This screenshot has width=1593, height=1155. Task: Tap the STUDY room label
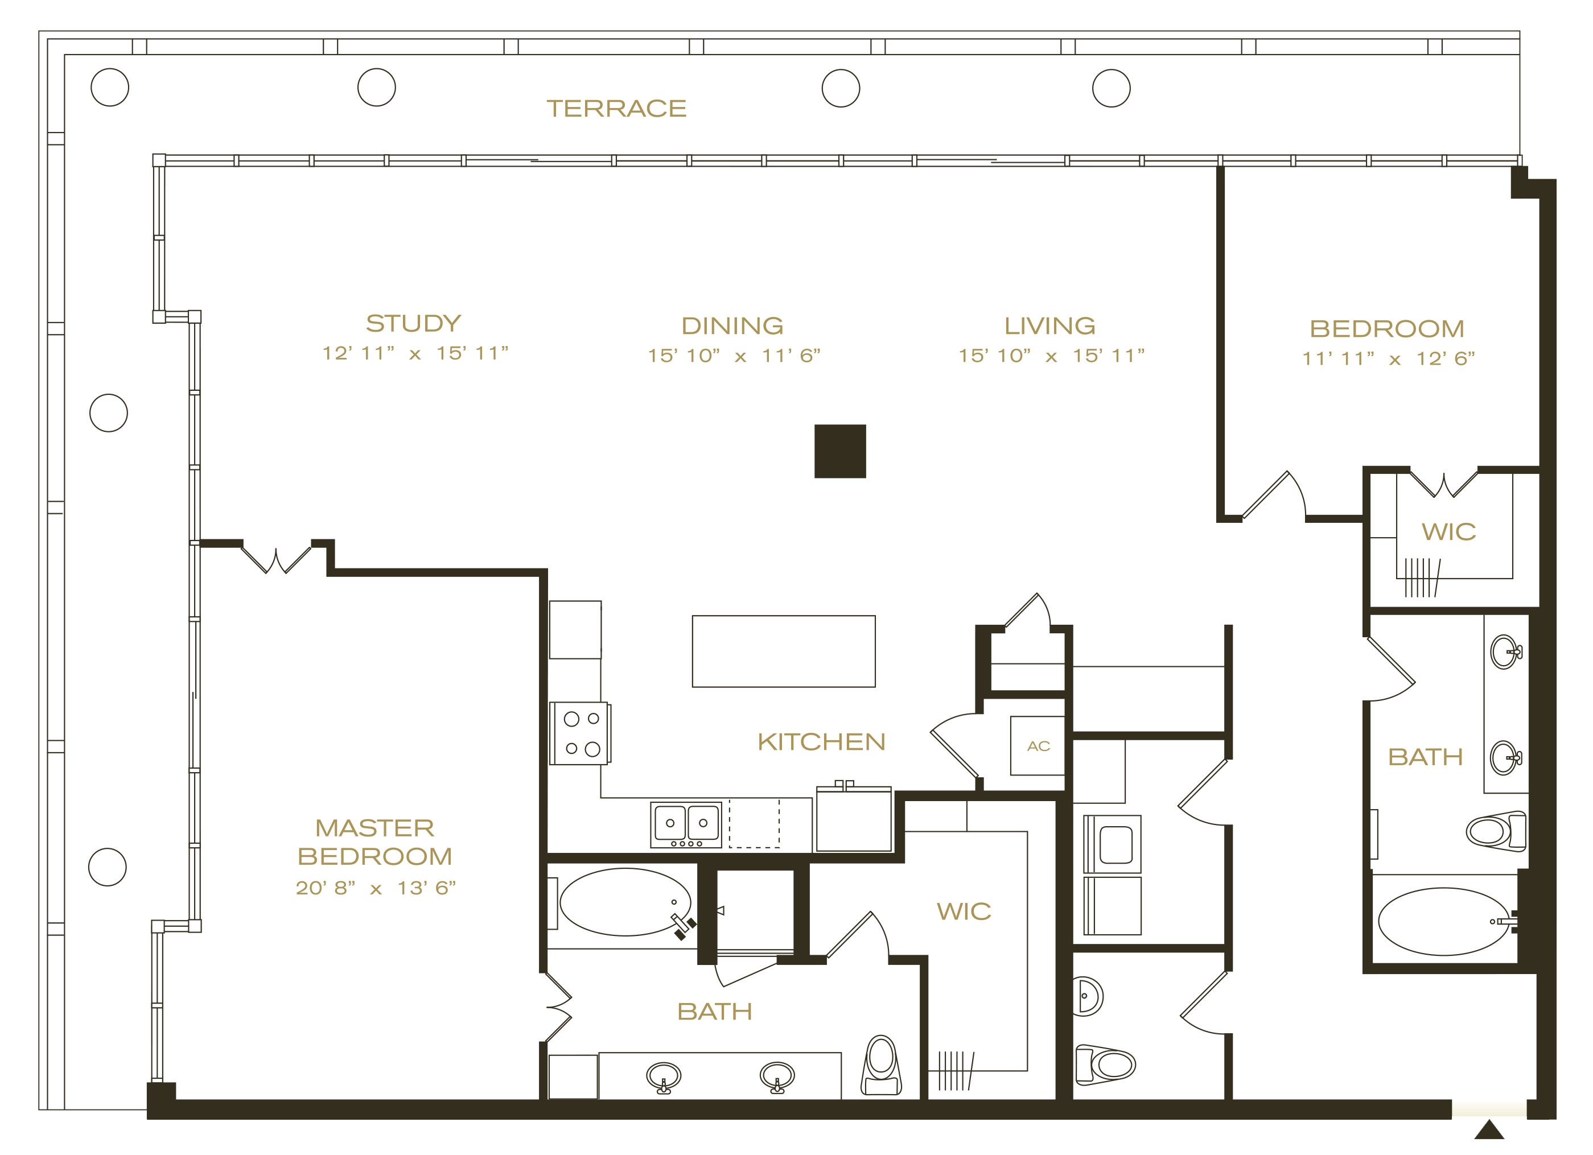pos(413,323)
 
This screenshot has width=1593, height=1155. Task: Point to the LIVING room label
pos(1049,326)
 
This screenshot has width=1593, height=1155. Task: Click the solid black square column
pos(840,451)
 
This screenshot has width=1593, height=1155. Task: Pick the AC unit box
pos(1038,746)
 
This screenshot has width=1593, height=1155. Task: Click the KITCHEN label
pos(821,742)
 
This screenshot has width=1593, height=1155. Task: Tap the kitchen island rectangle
pos(784,651)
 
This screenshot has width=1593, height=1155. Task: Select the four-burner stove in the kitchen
pos(580,733)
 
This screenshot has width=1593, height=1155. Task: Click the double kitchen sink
pos(686,824)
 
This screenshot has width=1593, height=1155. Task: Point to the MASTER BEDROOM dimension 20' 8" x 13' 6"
pos(376,888)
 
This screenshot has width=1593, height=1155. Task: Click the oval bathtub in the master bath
pos(625,902)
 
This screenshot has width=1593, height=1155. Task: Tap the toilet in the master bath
pos(882,1065)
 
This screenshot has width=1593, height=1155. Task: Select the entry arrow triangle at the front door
pos(1489,1130)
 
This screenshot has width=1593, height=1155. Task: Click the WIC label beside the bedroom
pos(1448,532)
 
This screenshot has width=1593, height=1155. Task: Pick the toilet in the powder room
pos(1105,1065)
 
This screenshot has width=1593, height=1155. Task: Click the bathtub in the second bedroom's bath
pos(1443,922)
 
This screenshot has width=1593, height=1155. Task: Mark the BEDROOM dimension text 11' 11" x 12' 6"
pos(1389,359)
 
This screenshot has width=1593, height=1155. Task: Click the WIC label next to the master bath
pos(964,912)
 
